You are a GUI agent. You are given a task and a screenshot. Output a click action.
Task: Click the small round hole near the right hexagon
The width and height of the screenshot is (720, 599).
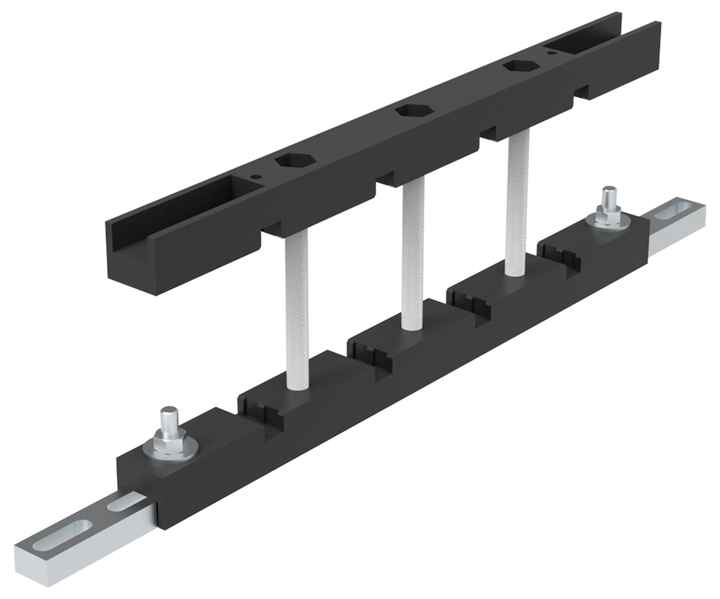pyautogui.click(x=551, y=53)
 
